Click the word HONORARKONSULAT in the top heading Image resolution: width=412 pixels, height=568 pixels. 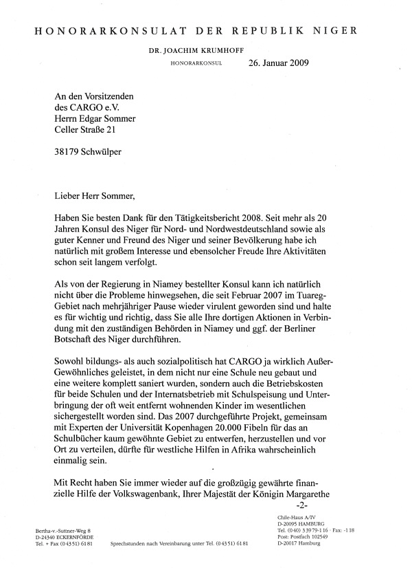(104, 30)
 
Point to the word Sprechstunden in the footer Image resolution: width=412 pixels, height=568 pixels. (128, 543)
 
